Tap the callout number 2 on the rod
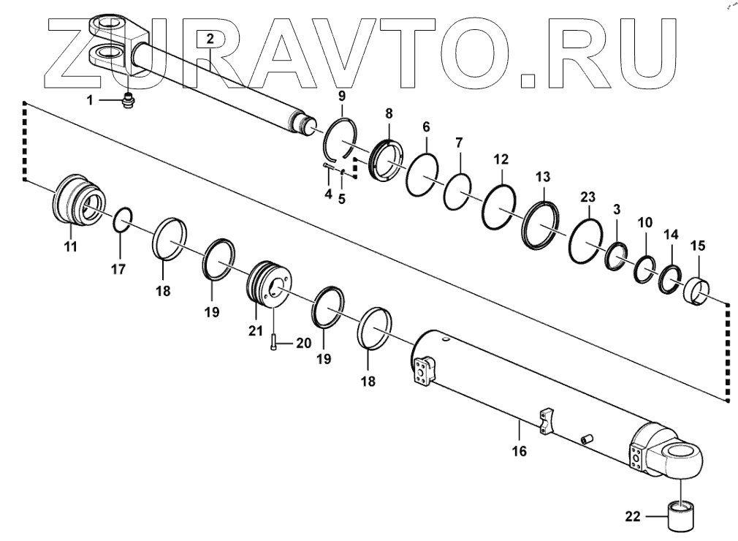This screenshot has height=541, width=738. tap(210, 39)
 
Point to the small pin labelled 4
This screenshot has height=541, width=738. tap(327, 168)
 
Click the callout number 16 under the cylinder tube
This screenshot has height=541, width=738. tap(519, 451)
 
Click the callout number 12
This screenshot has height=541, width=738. tap(502, 159)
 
